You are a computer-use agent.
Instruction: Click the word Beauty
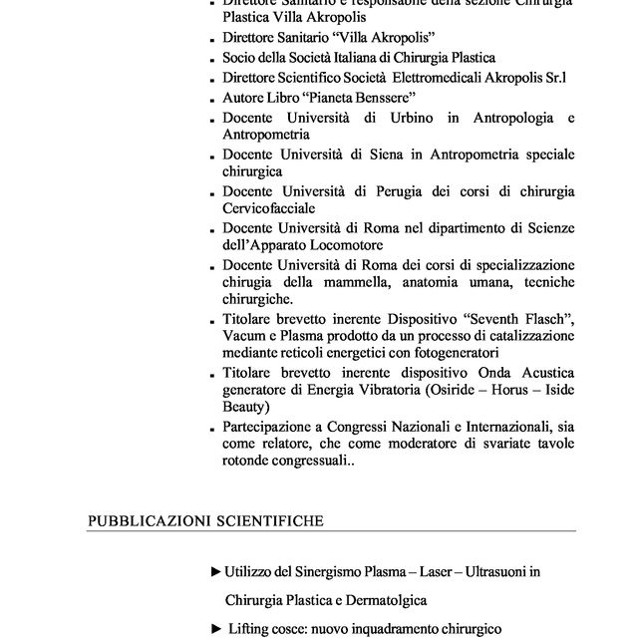coord(244,407)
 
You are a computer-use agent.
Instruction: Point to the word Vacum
coord(244,335)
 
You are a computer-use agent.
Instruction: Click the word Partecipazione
coord(268,427)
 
